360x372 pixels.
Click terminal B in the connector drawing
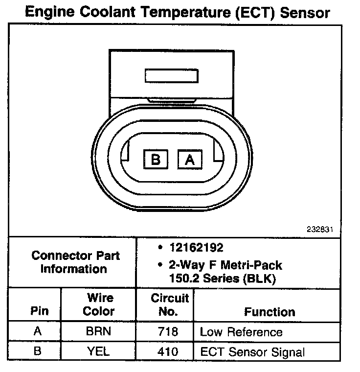click(156, 160)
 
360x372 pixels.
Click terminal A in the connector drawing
click(190, 160)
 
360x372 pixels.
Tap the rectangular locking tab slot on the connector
click(171, 76)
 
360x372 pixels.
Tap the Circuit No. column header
click(169, 304)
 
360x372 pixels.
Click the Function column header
click(270, 312)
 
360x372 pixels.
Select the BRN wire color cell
click(98, 331)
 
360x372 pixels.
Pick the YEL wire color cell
click(98, 351)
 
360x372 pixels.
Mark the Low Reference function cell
click(241, 332)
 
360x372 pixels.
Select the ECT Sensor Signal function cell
click(252, 352)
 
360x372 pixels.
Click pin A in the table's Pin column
click(37, 331)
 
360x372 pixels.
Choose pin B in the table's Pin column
click(37, 351)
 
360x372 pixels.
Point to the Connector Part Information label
click(75, 262)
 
